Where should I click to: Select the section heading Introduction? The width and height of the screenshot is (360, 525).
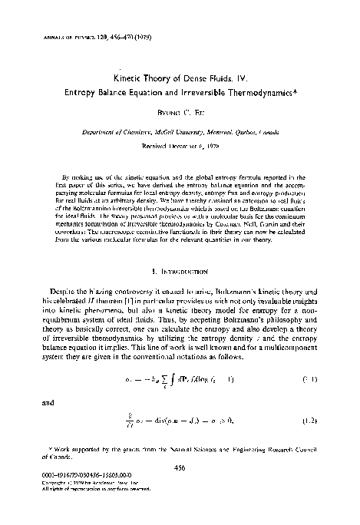click(x=185, y=271)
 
